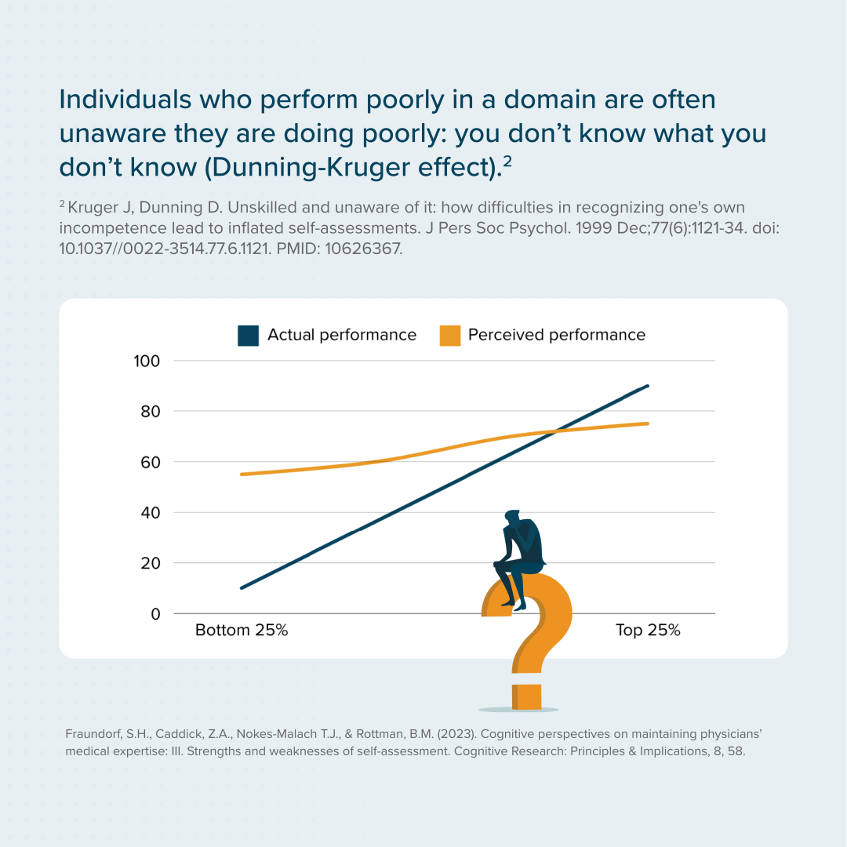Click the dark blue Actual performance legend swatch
pos(249,336)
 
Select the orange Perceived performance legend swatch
pos(449,336)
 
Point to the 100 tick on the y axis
pos(147,361)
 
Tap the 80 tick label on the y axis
pos(150,411)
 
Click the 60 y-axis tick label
pos(150,462)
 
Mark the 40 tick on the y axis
pos(150,512)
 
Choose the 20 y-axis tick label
pos(150,563)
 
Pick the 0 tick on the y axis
pos(155,613)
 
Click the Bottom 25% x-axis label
pos(242,631)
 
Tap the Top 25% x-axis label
pos(648,631)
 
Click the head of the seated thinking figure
pos(513,519)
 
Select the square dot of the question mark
pos(527,696)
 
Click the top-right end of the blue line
pos(648,386)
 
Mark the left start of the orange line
pos(242,474)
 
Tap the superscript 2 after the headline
pos(507,160)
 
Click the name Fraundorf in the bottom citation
pos(93,735)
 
